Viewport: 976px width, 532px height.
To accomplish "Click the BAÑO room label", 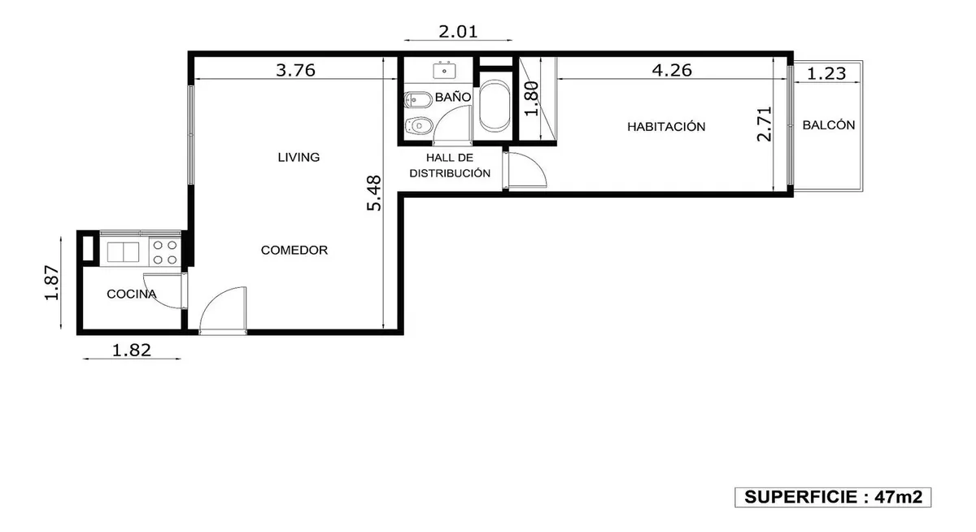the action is [453, 97].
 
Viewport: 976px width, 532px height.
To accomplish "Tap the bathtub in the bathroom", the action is [495, 106].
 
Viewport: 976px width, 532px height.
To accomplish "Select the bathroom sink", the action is [444, 71].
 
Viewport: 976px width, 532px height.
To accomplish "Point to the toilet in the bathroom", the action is [419, 126].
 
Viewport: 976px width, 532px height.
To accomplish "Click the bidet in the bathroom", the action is [418, 100].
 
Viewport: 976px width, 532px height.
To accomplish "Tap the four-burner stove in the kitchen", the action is [165, 252].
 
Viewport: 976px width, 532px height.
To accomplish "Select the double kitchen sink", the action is [124, 252].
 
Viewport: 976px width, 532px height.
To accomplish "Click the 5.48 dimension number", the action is [374, 193].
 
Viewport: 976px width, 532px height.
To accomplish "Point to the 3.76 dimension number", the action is [295, 70].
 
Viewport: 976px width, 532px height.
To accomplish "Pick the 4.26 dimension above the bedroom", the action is [672, 70].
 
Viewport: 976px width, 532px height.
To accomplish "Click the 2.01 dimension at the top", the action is [458, 32].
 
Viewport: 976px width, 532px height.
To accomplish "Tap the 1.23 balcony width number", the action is [826, 73].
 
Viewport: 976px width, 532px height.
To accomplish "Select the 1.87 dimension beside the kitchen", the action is [51, 283].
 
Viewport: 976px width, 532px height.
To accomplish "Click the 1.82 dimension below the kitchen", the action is [132, 350].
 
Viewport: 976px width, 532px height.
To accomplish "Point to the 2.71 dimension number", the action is [765, 124].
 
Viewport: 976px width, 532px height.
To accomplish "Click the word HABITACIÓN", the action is [666, 126].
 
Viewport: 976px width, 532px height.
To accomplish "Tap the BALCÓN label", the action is [829, 125].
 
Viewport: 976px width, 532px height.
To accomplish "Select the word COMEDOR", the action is [294, 250].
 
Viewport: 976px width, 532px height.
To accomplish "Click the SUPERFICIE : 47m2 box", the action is [833, 497].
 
